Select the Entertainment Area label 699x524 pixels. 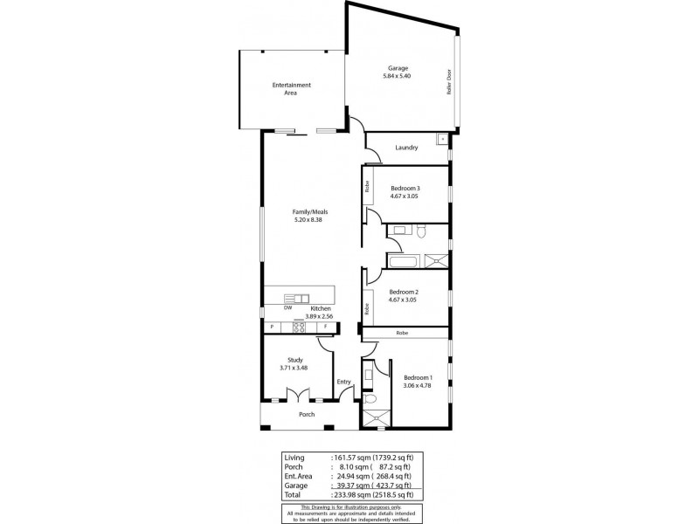291,85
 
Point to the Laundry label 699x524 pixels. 406,148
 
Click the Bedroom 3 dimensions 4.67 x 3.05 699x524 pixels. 405,196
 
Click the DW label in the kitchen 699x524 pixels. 287,307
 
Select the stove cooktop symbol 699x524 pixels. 299,327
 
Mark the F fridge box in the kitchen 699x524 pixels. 325,327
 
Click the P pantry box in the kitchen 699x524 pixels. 272,327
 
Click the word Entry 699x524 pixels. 343,382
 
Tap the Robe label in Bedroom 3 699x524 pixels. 368,186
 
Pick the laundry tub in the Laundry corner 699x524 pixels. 443,138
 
